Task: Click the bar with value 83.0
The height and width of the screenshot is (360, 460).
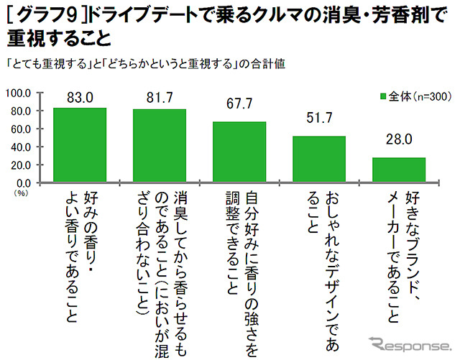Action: [x=80, y=145]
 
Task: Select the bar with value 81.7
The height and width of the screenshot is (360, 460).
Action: [x=160, y=146]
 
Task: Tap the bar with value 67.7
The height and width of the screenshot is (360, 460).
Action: [x=239, y=152]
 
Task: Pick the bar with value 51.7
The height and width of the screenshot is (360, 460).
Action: [x=319, y=160]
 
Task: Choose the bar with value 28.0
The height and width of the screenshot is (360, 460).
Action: [x=399, y=170]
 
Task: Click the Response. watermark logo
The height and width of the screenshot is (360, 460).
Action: [x=406, y=343]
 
